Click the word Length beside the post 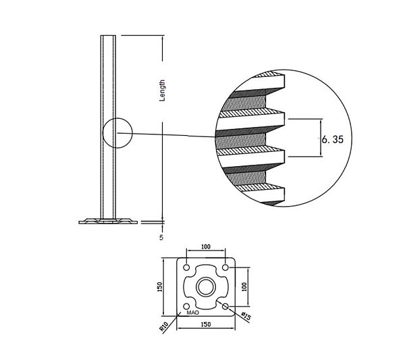pos(162,91)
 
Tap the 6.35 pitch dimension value pos(333,140)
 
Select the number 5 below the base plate pos(161,238)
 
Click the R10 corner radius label pos(164,326)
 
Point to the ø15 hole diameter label pos(246,316)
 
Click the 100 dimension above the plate pos(206,247)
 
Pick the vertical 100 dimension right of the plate pos(244,286)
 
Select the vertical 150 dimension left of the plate pos(159,287)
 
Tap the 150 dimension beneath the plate pos(206,324)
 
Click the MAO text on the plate pos(193,313)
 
